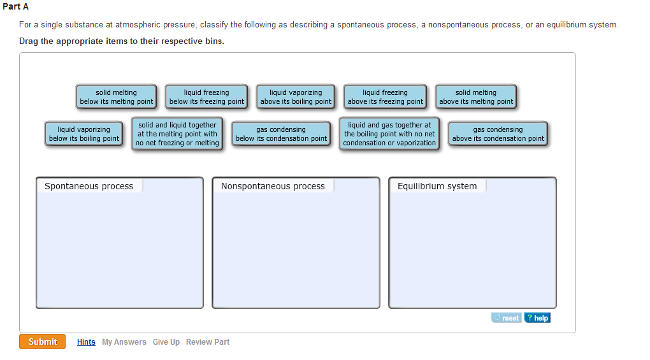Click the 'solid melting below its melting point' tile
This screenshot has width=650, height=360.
pyautogui.click(x=116, y=97)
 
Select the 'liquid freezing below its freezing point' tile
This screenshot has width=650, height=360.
pyautogui.click(x=206, y=97)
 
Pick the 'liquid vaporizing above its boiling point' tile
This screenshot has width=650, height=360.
pyautogui.click(x=296, y=97)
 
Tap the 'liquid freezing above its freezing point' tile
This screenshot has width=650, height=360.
pyautogui.click(x=385, y=97)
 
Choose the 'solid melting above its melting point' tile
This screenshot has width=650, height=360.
pyautogui.click(x=476, y=97)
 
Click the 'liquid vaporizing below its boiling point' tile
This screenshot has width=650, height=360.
pyautogui.click(x=83, y=134)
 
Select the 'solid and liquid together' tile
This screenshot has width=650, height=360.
pyautogui.click(x=177, y=134)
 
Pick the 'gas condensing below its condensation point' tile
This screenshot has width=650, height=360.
pyautogui.click(x=281, y=134)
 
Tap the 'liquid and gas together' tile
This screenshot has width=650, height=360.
pyautogui.click(x=389, y=134)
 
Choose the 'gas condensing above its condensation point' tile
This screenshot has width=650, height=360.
pyautogui.click(x=498, y=134)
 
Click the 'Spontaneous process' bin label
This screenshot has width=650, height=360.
pyautogui.click(x=89, y=187)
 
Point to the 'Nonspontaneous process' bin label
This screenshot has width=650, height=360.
pyautogui.click(x=273, y=187)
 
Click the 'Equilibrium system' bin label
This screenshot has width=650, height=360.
pyautogui.click(x=437, y=187)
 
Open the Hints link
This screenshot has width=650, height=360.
pyautogui.click(x=86, y=342)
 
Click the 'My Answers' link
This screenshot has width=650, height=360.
pyautogui.click(x=124, y=342)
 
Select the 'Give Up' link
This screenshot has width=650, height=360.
pyautogui.click(x=166, y=342)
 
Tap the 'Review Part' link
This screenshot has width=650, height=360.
pyautogui.click(x=208, y=342)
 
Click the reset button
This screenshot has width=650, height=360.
pyautogui.click(x=506, y=318)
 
